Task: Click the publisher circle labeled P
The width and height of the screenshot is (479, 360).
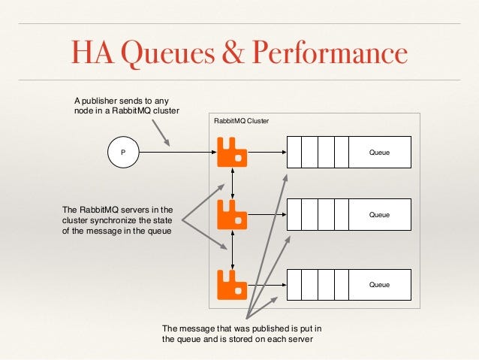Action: tap(117, 152)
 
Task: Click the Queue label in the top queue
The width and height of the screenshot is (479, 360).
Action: tap(379, 152)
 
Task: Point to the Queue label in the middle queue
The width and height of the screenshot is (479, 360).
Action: tap(379, 215)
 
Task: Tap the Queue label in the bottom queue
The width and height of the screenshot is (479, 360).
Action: tap(379, 285)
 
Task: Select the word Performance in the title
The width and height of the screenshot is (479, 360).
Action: tap(330, 54)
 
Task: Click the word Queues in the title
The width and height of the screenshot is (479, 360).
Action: tap(167, 54)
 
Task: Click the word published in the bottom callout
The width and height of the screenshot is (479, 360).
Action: tap(264, 328)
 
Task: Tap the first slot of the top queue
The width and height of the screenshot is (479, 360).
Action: tap(294, 152)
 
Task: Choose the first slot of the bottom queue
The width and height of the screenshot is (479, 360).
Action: tap(294, 285)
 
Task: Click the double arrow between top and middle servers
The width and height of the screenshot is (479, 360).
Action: tap(233, 183)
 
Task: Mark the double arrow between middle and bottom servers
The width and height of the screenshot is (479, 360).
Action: tap(233, 250)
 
